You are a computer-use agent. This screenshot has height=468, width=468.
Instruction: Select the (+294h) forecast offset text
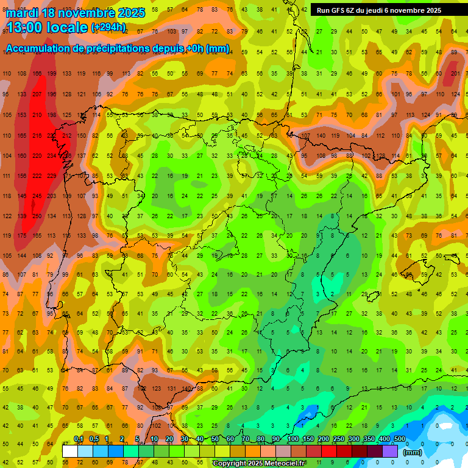tap(108, 27)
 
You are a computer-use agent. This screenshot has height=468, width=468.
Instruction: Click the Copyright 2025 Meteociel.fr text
tap(259, 464)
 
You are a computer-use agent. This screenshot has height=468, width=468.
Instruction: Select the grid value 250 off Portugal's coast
tap(37, 216)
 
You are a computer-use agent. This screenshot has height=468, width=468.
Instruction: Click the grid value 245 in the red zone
tap(37, 196)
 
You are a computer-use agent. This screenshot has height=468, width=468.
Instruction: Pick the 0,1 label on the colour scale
tap(79, 439)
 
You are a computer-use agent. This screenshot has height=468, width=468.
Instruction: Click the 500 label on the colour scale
tap(400, 439)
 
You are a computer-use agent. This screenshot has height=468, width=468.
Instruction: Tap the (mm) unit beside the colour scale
tap(413, 452)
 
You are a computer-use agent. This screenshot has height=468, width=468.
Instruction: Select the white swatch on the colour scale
tap(70, 451)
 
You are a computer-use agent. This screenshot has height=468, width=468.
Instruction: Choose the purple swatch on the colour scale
tap(391, 451)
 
